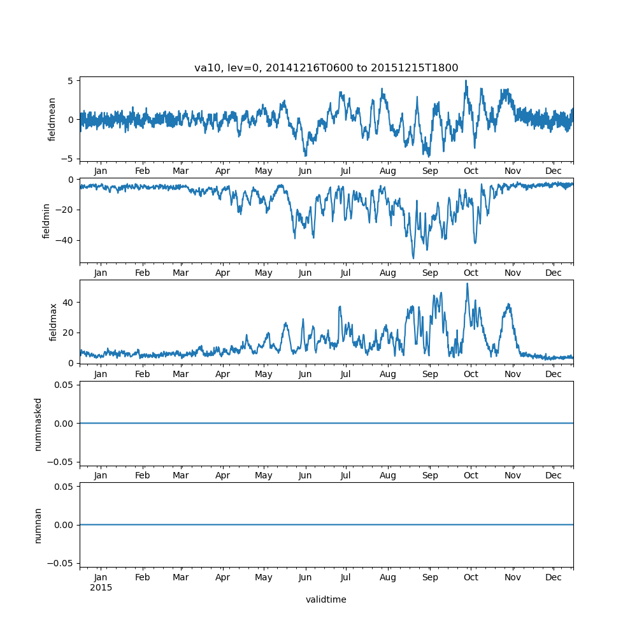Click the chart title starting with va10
coord(326,68)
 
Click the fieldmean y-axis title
coord(53,119)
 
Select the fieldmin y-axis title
coord(47,220)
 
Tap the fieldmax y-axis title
coord(53,322)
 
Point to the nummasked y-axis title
coord(38,424)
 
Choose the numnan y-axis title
coord(38,525)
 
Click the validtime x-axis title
coord(326,599)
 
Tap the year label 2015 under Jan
coord(101,587)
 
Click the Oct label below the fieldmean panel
coord(471,171)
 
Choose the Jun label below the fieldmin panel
coord(305,273)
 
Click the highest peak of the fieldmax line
coord(467,283)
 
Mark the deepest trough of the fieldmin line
coord(413,259)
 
